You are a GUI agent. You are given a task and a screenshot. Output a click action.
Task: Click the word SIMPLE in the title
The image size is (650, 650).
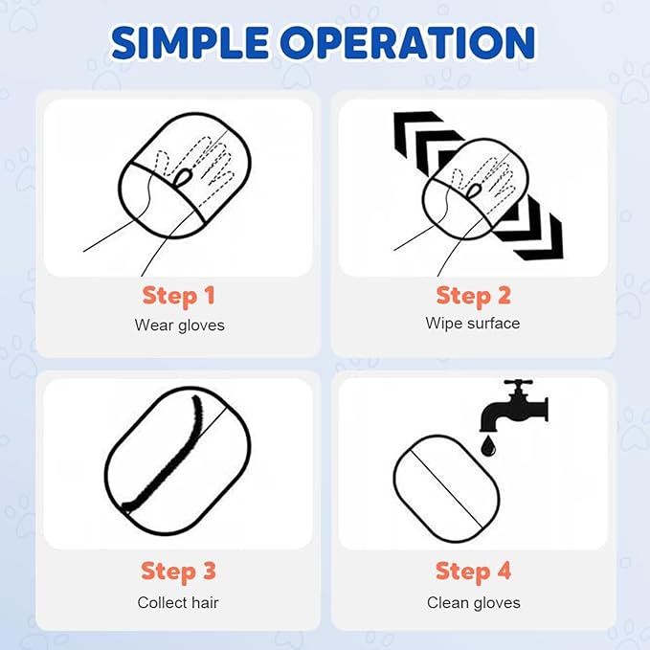pyautogui.click(x=190, y=43)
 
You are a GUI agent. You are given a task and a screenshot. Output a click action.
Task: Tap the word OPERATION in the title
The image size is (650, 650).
pyautogui.click(x=408, y=43)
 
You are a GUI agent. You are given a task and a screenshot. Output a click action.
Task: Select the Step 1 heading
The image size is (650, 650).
pyautogui.click(x=179, y=297)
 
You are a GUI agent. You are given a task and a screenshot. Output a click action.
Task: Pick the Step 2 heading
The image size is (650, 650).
pyautogui.click(x=474, y=297)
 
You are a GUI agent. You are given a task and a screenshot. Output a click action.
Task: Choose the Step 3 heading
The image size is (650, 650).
pyautogui.click(x=179, y=572)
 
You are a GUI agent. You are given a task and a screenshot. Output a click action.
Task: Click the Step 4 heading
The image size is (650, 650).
pyautogui.click(x=474, y=572)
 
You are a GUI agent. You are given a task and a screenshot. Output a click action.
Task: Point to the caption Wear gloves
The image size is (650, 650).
pyautogui.click(x=180, y=325)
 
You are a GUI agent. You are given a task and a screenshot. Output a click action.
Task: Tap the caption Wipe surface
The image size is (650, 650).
pyautogui.click(x=473, y=323)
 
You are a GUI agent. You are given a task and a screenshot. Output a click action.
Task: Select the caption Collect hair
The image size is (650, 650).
pyautogui.click(x=178, y=602)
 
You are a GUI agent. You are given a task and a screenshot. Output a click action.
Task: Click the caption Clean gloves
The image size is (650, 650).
pyautogui.click(x=474, y=603)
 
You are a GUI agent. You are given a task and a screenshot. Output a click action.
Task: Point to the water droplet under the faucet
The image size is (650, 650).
pyautogui.click(x=488, y=446)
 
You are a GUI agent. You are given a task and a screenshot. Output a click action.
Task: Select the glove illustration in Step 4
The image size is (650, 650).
pyautogui.click(x=446, y=489)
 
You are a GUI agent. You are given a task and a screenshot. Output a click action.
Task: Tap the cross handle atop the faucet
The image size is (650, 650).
pyautogui.click(x=518, y=382)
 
